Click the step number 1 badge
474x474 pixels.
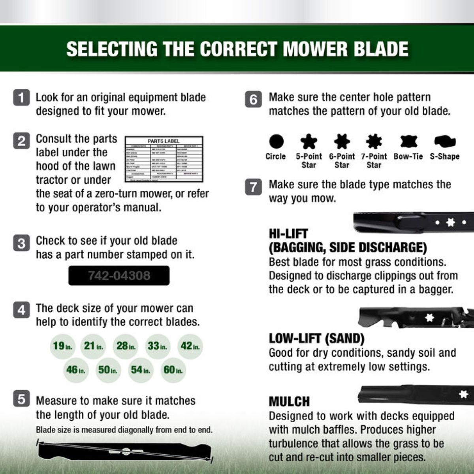point(21,98)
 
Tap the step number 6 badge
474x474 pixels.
point(254,99)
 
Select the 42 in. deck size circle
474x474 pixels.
point(190,346)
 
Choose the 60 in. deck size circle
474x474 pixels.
point(173,370)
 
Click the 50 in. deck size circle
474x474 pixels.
point(108,370)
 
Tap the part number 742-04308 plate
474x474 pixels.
point(119,275)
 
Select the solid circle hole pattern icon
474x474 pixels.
point(276,141)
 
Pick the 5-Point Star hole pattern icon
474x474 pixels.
point(308,141)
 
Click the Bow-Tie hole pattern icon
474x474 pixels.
point(408,141)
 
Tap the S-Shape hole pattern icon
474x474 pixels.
point(445,141)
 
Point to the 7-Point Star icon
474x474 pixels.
point(374,141)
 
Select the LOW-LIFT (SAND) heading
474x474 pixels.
point(316,339)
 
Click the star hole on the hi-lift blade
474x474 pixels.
point(450,223)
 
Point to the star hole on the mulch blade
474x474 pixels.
point(463,394)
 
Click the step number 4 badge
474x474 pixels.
point(21,310)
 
